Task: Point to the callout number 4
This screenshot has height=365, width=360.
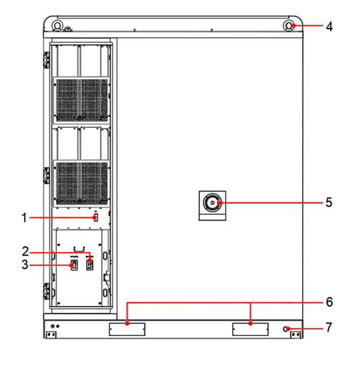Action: coord(329,26)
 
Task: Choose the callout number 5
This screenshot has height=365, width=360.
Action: coord(329,202)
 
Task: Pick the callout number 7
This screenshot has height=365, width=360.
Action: coord(329,328)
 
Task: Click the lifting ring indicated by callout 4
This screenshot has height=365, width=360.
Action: coord(291,26)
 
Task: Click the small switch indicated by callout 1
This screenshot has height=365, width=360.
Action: coord(96,218)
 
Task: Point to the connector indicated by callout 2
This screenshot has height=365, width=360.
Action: coord(89,265)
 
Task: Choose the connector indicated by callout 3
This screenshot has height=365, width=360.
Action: coord(73,265)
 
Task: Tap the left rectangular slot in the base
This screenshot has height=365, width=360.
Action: coord(126,329)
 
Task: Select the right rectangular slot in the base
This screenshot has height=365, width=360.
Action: coord(250,329)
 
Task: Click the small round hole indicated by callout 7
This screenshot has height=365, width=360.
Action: coord(287,329)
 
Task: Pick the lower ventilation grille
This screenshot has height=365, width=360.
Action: coord(81,182)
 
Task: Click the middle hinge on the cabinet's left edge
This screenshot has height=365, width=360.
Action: coord(46,174)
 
